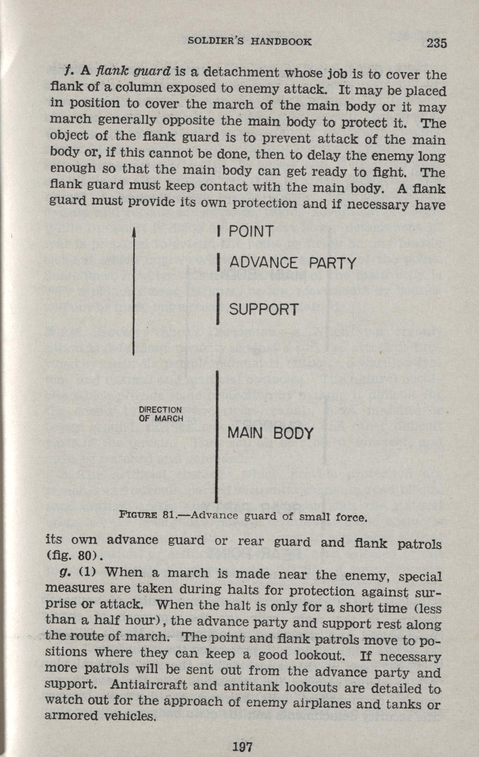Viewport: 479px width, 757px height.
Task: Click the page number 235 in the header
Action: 437,43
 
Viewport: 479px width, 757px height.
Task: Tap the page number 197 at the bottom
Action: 243,746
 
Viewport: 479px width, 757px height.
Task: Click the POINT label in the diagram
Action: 251,232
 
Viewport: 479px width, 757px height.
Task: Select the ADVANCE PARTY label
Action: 293,263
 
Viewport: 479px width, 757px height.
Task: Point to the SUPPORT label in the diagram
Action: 264,309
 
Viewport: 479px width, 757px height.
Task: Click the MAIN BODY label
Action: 271,433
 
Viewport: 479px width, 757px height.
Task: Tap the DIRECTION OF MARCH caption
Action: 161,414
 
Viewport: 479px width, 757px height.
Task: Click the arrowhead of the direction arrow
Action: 134,233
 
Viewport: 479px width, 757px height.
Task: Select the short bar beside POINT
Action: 219,232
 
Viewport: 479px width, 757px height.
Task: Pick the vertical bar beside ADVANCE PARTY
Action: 219,263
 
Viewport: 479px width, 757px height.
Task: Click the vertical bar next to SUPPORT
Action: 218,309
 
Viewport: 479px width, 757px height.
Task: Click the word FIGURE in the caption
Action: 138,515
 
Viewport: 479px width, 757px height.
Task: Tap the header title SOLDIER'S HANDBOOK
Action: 250,41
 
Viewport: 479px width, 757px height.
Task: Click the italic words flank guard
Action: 134,71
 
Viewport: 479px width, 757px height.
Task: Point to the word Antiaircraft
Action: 149,685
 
